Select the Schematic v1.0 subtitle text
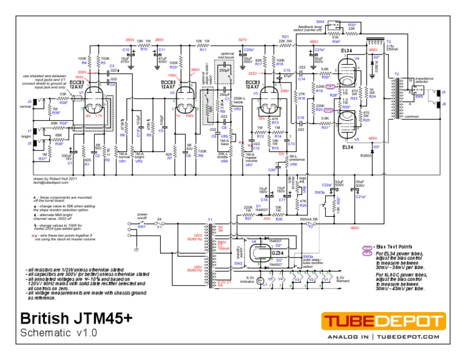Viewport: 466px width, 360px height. pyautogui.click(x=58, y=333)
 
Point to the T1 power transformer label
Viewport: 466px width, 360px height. pyautogui.click(x=211, y=219)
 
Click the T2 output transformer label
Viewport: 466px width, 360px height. pyautogui.click(x=397, y=73)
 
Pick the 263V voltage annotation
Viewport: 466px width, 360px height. pyautogui.click(x=129, y=39)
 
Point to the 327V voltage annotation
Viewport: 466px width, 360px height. pyautogui.click(x=243, y=39)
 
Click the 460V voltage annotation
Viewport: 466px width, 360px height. pyautogui.click(x=314, y=42)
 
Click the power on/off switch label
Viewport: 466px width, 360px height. pyautogui.click(x=143, y=216)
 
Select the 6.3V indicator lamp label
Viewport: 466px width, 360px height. pyautogui.click(x=249, y=278)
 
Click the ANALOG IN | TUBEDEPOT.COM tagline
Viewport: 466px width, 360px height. pyautogui.click(x=383, y=336)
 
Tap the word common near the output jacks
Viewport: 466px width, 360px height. pyautogui.click(x=411, y=117)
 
